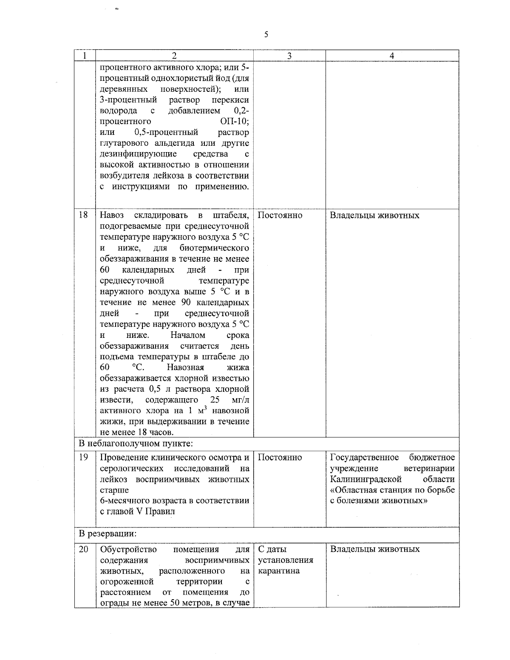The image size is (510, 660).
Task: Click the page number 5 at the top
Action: point(266,34)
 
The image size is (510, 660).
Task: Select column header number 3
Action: point(289,56)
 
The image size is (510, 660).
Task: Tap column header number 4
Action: point(392,56)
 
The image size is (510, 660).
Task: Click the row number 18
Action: point(84,215)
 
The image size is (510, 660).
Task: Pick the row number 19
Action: point(84,457)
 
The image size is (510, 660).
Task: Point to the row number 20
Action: point(84,549)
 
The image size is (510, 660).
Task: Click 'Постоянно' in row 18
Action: point(280,215)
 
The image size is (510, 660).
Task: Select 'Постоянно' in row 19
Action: point(280,458)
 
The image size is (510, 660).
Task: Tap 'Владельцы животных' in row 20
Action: point(375,549)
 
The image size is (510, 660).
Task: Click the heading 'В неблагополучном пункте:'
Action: point(136,444)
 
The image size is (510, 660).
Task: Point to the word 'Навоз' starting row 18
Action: point(112,215)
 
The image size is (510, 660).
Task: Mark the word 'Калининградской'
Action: point(366,479)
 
